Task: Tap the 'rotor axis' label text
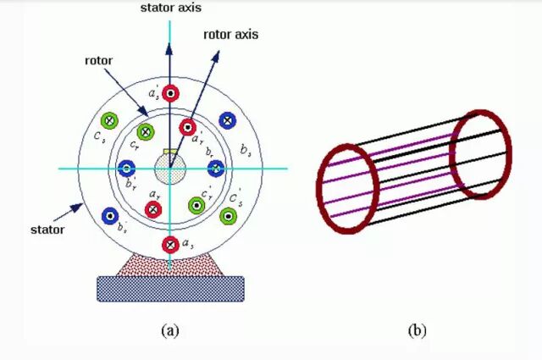[x=231, y=35]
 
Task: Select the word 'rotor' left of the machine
[x=99, y=61]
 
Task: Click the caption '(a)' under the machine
[x=170, y=330]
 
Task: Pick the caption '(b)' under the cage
[x=416, y=330]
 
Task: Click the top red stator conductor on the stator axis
[x=170, y=93]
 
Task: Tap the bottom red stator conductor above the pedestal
[x=170, y=245]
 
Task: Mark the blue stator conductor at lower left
[x=108, y=216]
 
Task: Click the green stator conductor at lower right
[x=227, y=216]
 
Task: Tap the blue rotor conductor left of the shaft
[x=127, y=169]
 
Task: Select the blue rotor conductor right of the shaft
[x=216, y=169]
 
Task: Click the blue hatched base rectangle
[x=170, y=288]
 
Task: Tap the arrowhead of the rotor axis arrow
[x=217, y=53]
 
